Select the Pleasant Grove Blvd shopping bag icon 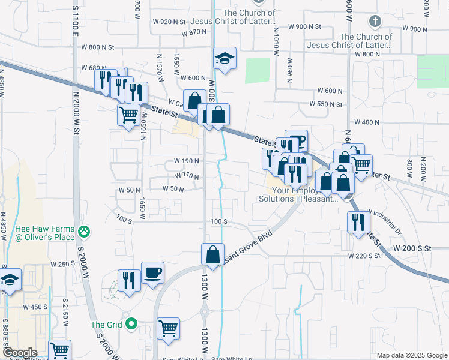point(213,254)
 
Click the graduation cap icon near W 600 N point(225,58)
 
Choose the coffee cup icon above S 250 point(152,272)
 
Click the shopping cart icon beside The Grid point(169,328)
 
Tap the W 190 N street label point(186,161)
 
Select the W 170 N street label point(187,176)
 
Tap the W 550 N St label point(326,104)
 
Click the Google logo point(20,353)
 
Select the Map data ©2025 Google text point(411,355)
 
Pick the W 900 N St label point(309,27)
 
